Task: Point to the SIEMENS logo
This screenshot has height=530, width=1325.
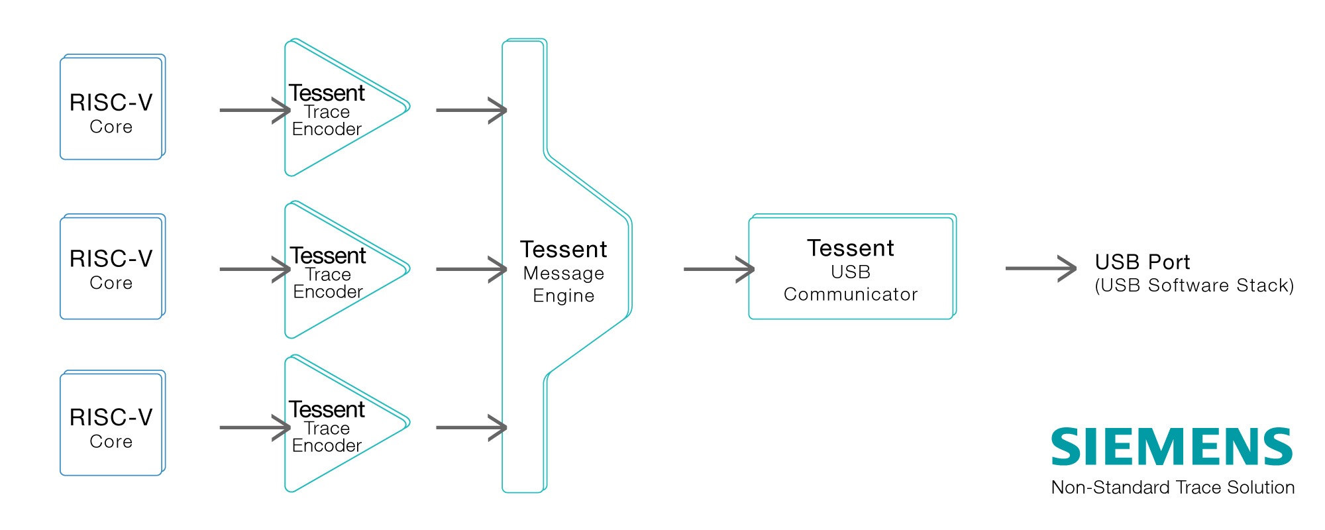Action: pos(1172,447)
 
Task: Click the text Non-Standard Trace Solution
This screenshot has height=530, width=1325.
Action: pos(1173,488)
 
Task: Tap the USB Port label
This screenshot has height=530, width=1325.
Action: pos(1142,262)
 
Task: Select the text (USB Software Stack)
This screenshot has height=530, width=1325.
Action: pos(1194,286)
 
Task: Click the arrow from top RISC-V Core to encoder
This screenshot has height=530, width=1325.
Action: pos(255,110)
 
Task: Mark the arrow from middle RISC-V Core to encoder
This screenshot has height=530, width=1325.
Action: pos(255,269)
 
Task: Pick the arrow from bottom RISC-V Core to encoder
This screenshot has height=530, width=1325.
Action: pos(255,427)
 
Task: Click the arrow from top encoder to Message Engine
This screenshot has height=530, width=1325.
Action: pos(472,110)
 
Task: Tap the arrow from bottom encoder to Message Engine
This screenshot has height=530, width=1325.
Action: pos(472,427)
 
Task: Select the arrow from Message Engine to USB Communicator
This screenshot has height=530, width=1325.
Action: pos(719,269)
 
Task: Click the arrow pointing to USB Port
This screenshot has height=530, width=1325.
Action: pos(1041,268)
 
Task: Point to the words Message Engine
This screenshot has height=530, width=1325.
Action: pos(564,284)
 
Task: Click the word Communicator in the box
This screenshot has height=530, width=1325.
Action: pos(851,294)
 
